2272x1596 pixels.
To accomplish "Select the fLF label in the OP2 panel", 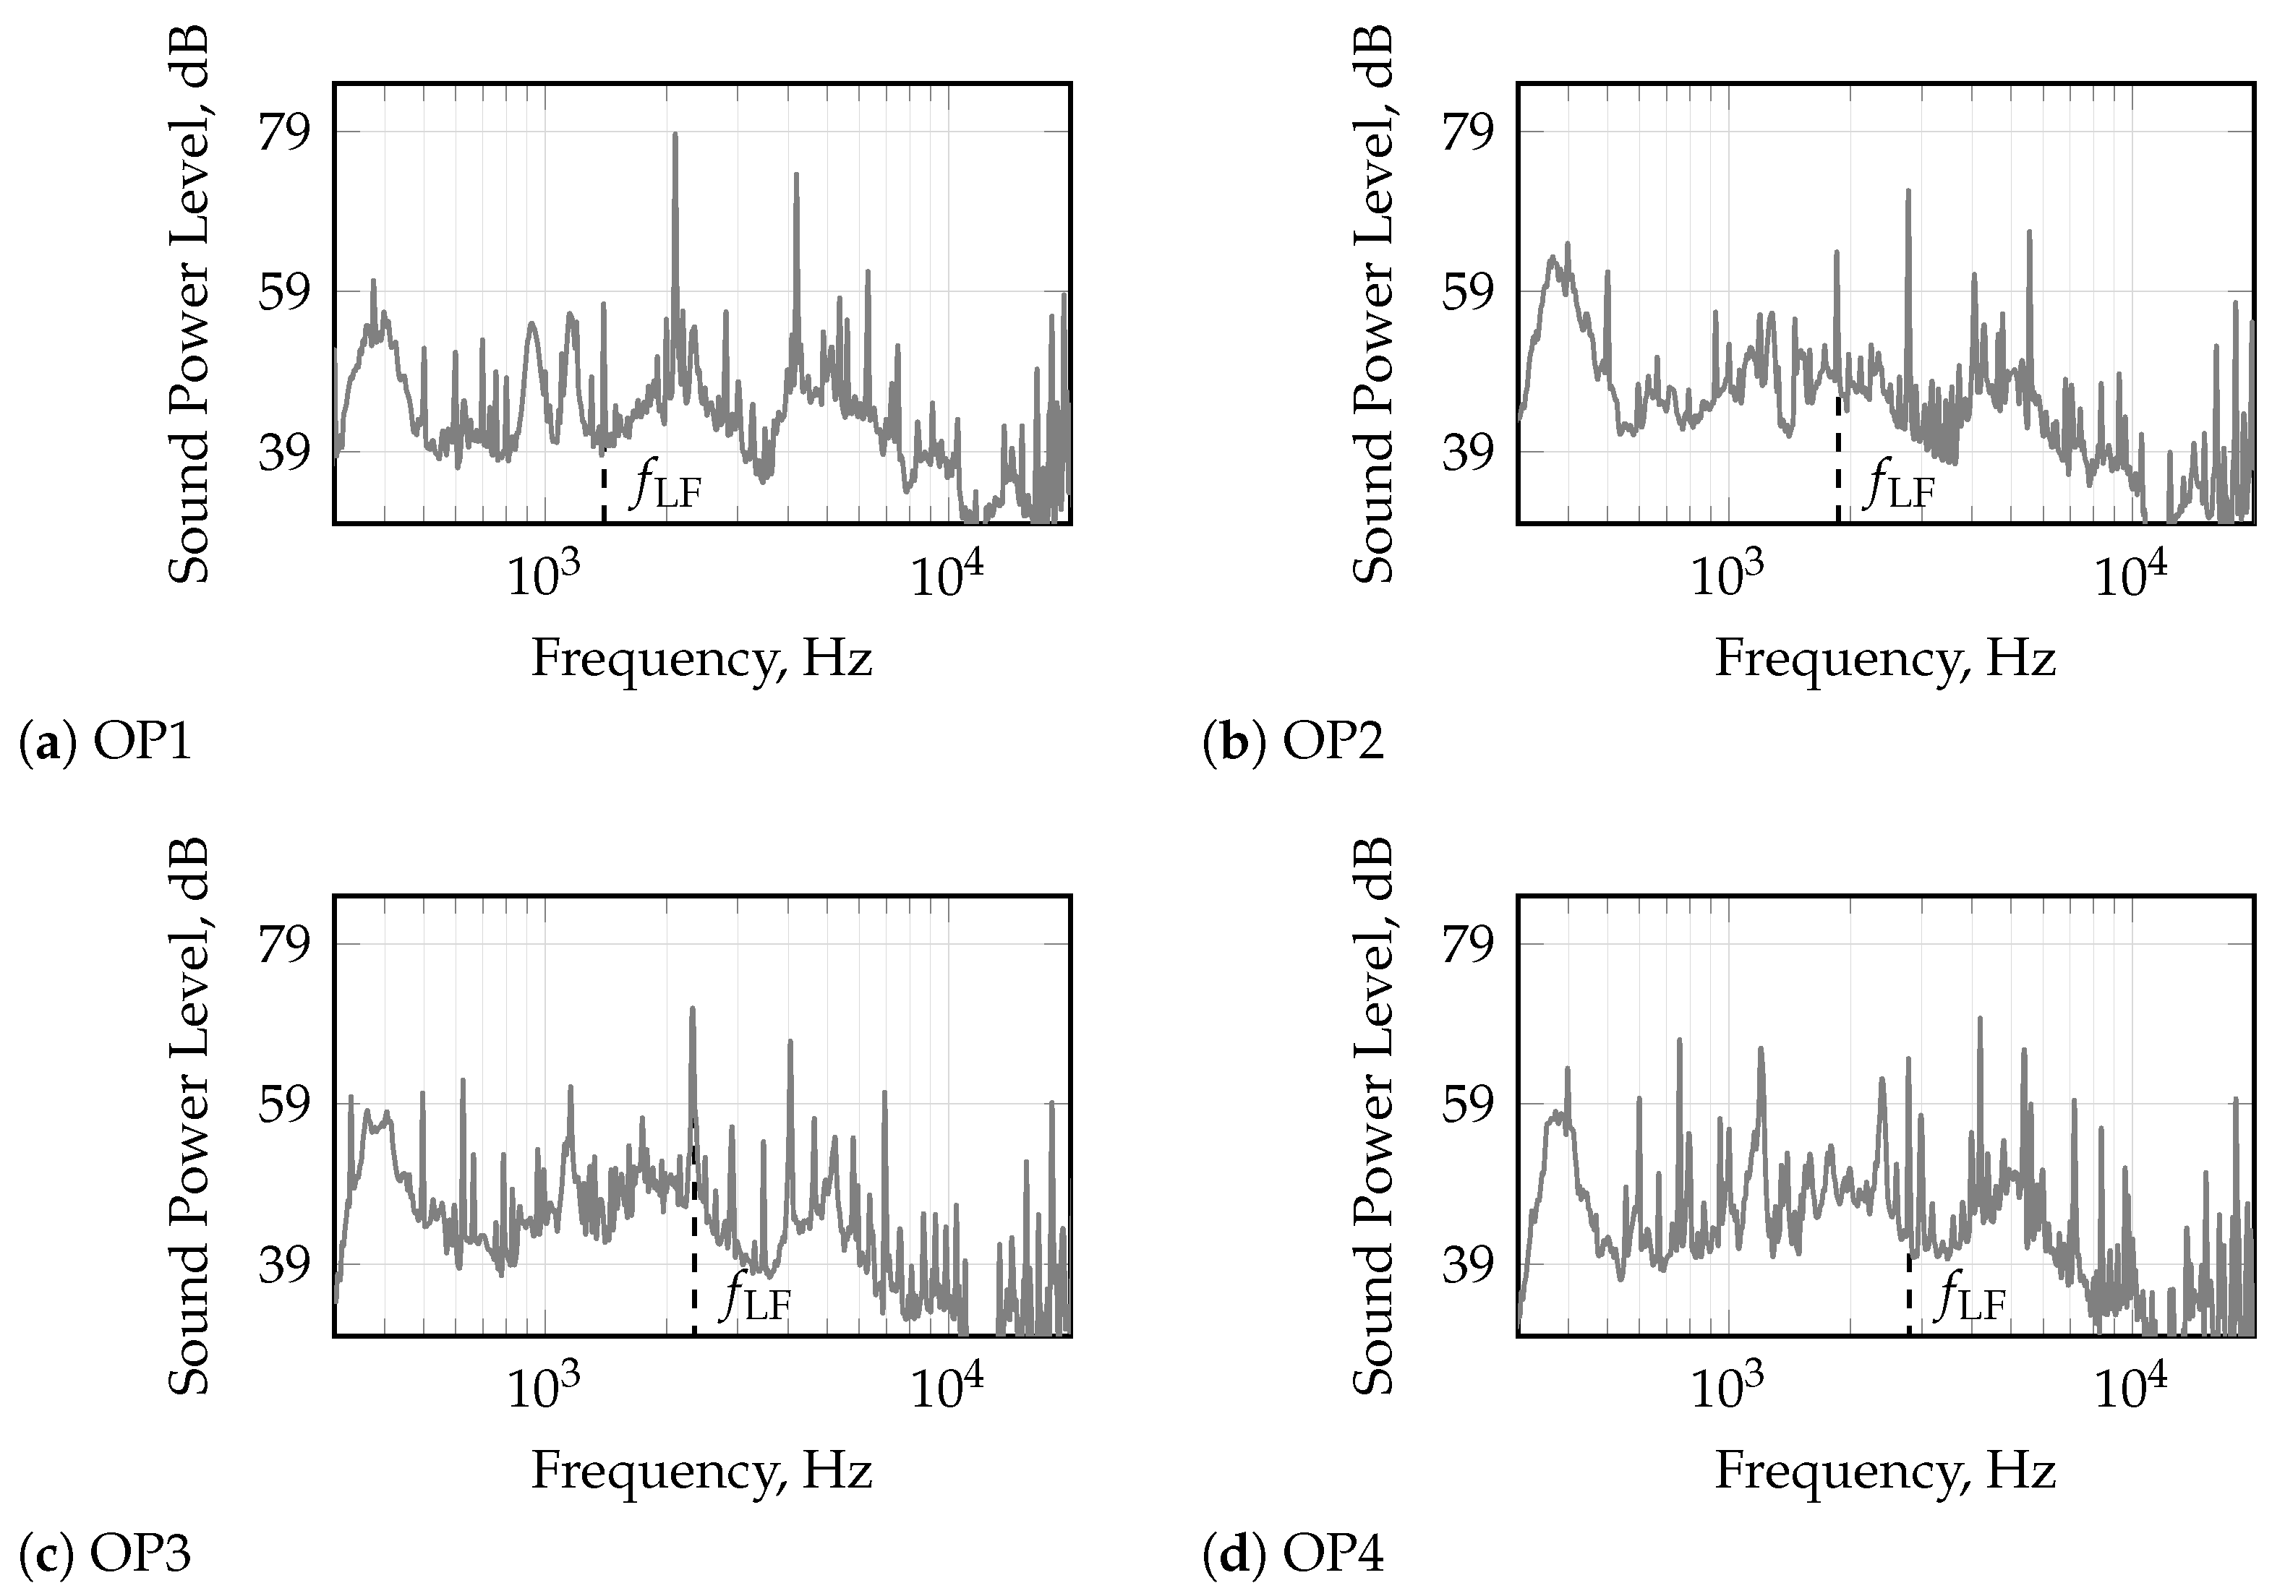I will [1899, 489].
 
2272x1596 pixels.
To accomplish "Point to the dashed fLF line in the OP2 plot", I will [1837, 455].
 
